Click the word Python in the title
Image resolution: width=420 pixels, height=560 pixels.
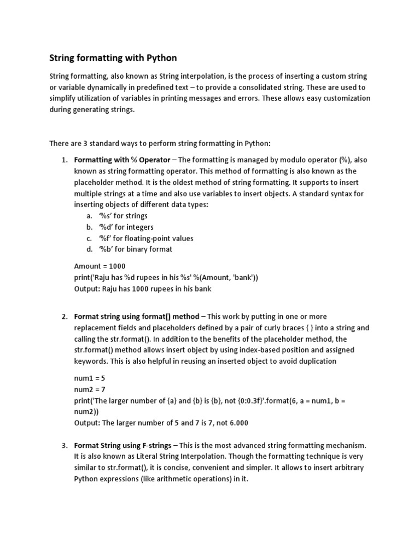161,57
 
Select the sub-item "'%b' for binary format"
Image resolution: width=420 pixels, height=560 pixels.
135,249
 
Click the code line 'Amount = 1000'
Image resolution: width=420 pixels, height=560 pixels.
100,266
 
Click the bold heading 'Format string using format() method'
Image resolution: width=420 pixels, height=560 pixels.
136,317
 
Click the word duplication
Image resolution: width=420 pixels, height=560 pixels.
313,361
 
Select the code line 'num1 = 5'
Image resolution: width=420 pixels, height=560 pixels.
89,378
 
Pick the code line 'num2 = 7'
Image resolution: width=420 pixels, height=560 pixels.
89,389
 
